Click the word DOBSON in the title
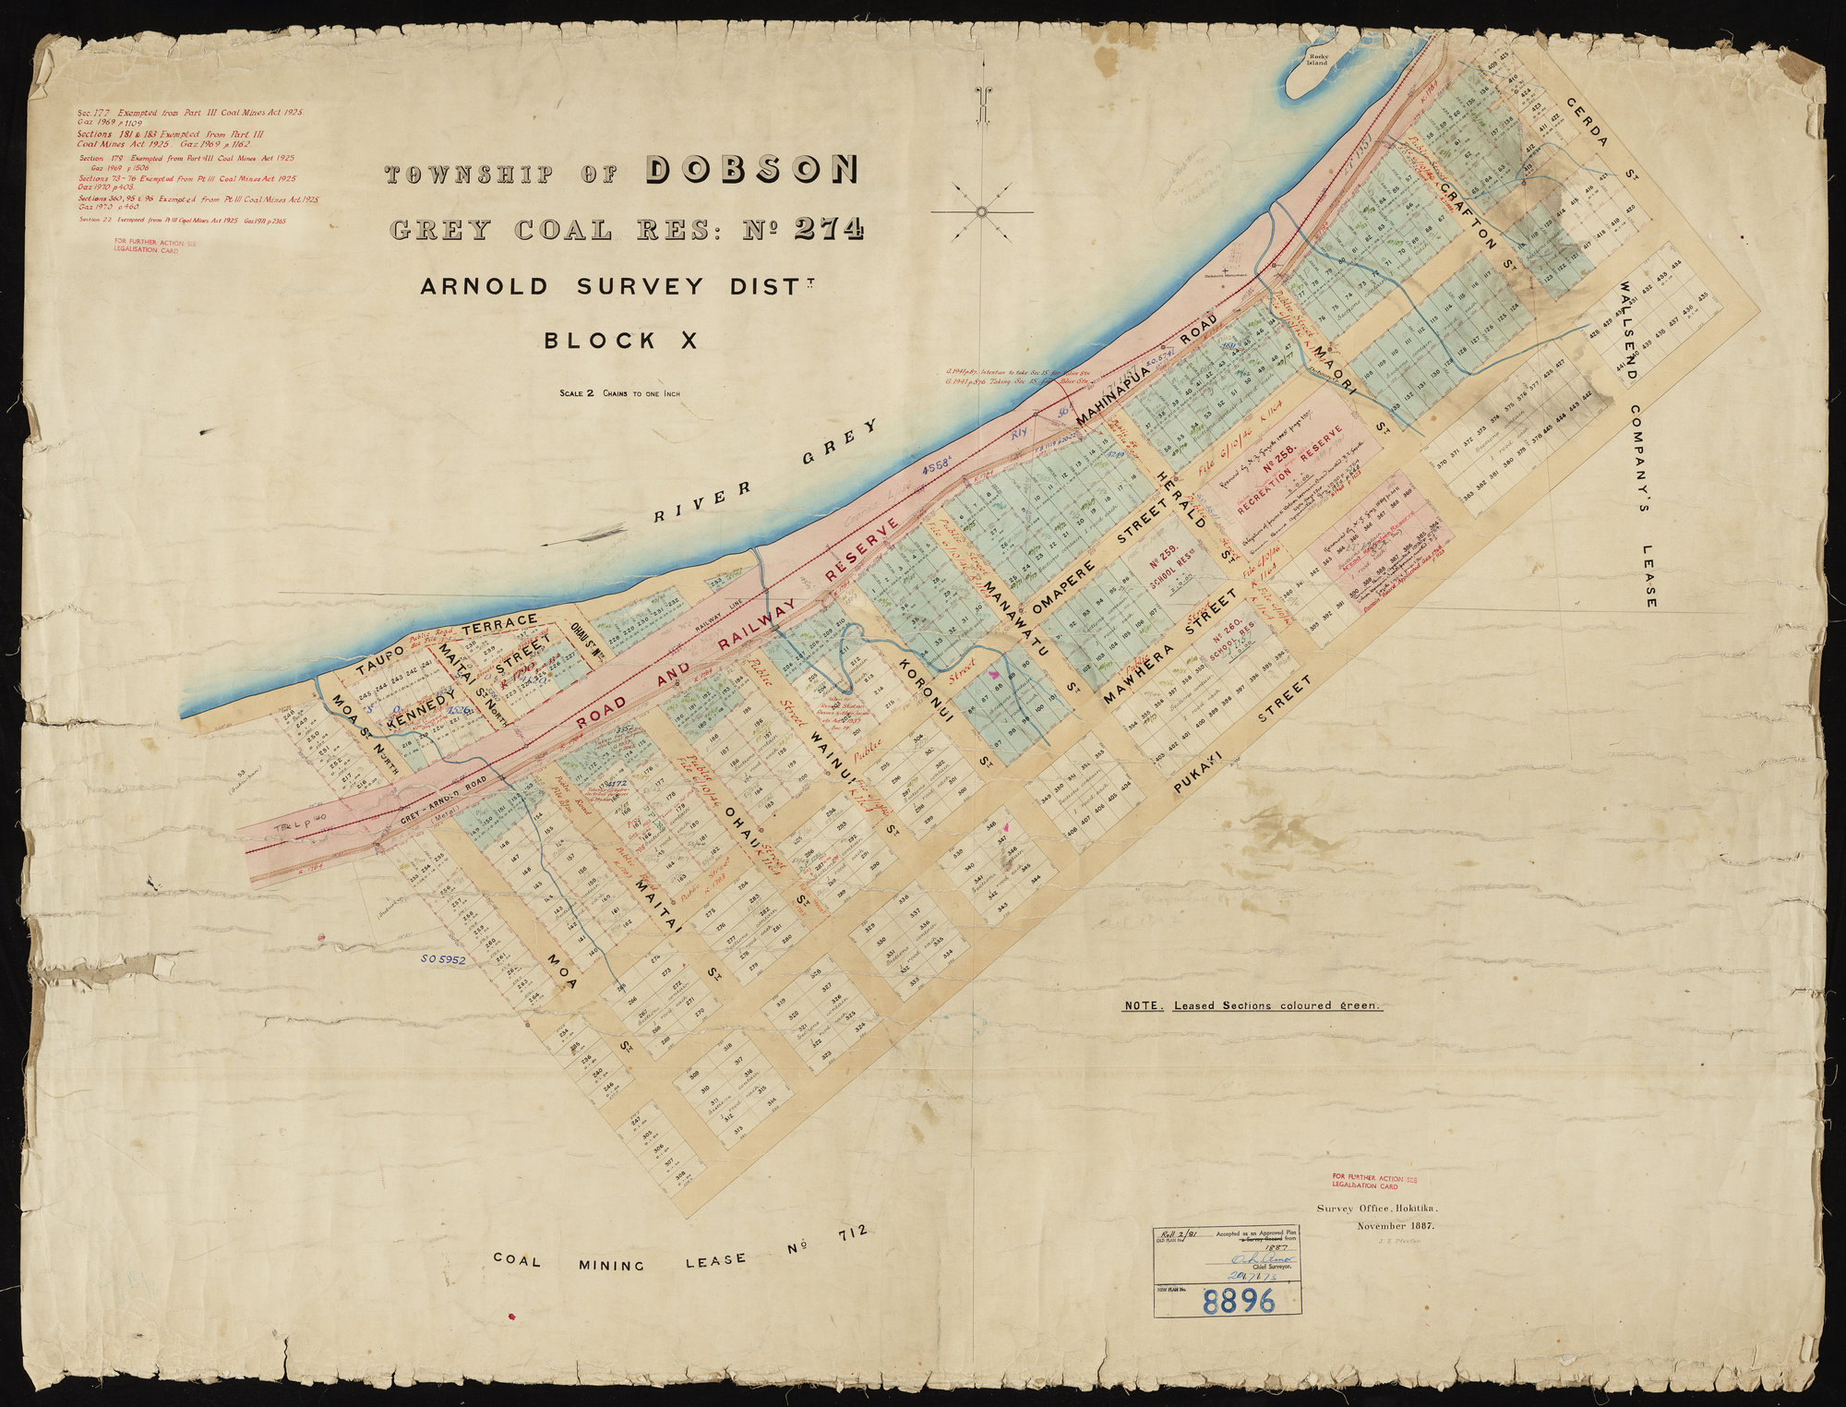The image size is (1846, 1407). pyautogui.click(x=752, y=170)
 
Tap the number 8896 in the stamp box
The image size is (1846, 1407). pyautogui.click(x=1240, y=1301)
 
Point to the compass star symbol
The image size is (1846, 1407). pyautogui.click(x=982, y=212)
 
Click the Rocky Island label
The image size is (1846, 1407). pyautogui.click(x=1317, y=60)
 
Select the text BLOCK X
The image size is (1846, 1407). pyautogui.click(x=620, y=341)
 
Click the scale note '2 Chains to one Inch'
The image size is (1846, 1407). pyautogui.click(x=619, y=393)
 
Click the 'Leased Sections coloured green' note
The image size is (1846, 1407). pyautogui.click(x=1253, y=1006)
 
